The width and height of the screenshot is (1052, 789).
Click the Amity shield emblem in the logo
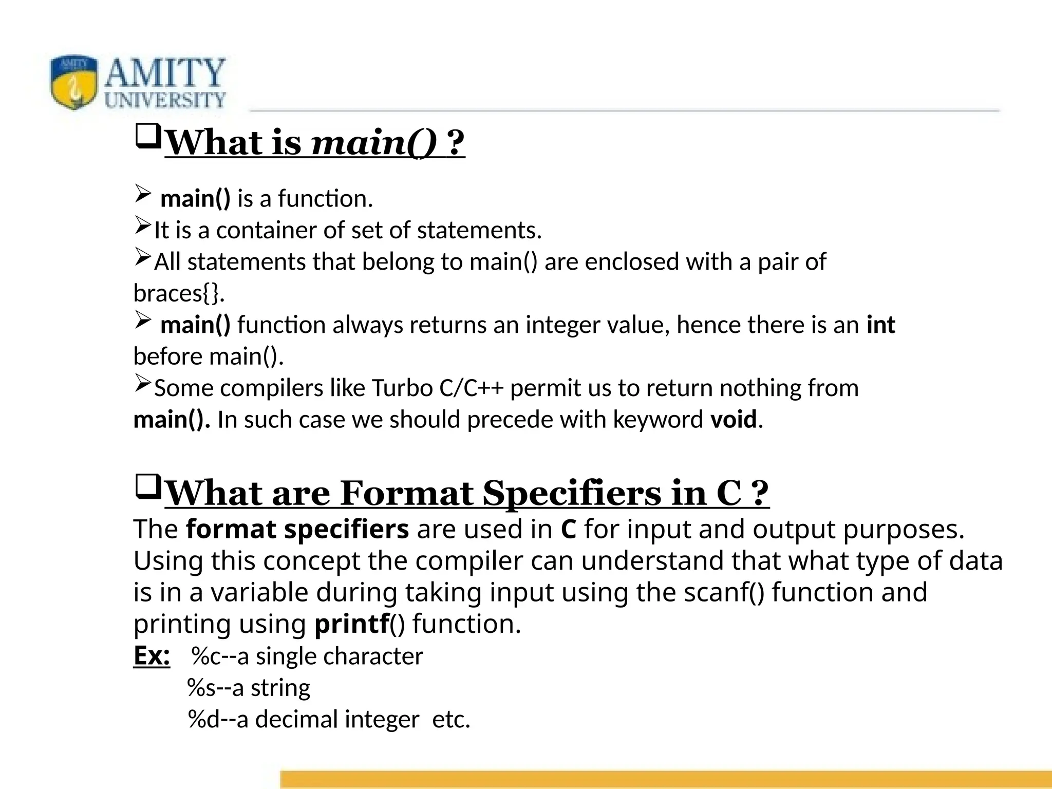[74, 82]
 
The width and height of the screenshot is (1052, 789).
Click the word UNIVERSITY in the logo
[165, 100]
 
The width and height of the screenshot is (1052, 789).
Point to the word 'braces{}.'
[179, 293]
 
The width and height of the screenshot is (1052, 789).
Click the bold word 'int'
[880, 325]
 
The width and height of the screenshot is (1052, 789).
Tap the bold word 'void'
[734, 420]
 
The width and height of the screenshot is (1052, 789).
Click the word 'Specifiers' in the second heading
[572, 493]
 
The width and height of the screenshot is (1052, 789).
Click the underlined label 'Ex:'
[152, 656]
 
